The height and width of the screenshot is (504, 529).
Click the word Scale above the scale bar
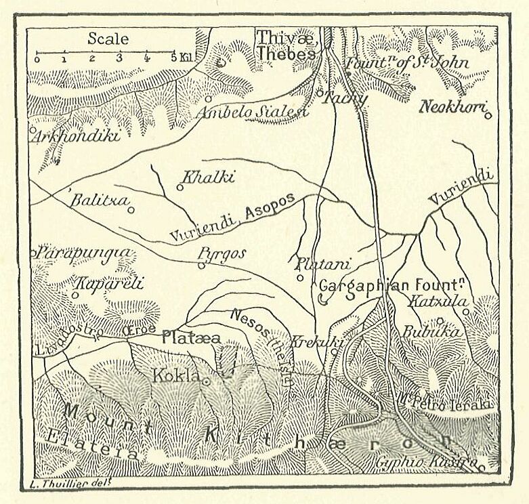pyautogui.click(x=108, y=39)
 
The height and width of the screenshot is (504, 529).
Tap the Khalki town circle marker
pyautogui.click(x=180, y=187)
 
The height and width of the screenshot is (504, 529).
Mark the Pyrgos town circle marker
pyautogui.click(x=201, y=265)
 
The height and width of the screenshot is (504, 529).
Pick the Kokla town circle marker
pyautogui.click(x=206, y=381)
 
